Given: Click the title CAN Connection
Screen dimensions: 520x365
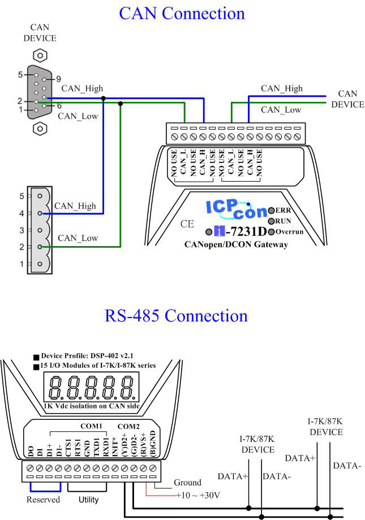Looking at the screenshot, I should [x=182, y=13].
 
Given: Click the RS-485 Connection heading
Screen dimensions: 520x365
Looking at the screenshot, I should [x=176, y=316].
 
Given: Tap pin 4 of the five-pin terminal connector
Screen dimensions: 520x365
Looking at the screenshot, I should [x=40, y=213].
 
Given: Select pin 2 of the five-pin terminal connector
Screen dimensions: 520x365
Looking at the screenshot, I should [x=40, y=247].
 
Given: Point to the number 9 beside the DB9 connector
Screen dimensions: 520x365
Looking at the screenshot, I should [x=58, y=79].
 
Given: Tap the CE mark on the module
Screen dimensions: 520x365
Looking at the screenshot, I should [x=187, y=224].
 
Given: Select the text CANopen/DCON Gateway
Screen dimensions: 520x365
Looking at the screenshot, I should [x=237, y=244].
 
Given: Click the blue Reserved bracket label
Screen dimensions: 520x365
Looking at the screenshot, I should [x=43, y=500].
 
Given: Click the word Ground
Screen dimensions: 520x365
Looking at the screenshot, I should [x=187, y=483].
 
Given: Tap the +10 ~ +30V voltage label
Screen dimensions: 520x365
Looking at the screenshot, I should [x=197, y=495].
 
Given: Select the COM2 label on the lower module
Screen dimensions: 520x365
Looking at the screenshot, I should [x=128, y=426].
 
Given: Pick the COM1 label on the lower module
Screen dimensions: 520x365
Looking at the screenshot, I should [x=91, y=426].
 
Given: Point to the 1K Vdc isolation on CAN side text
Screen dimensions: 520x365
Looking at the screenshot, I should [x=92, y=406].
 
